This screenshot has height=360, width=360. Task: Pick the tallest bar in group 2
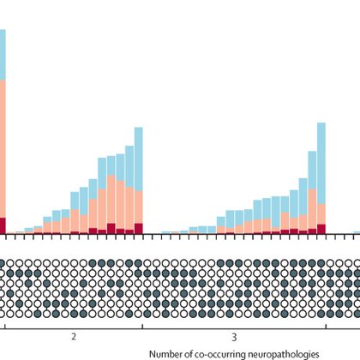(x=139, y=180)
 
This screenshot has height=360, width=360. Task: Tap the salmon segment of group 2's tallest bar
(x=139, y=201)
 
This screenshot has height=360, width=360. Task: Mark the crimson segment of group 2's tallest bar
(x=139, y=228)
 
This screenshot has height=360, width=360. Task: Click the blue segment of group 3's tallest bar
(x=321, y=163)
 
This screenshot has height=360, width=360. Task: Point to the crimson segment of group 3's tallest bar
(x=321, y=229)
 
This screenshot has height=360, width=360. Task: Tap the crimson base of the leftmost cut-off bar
(x=3, y=225)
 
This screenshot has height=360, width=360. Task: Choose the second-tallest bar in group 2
(x=129, y=189)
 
